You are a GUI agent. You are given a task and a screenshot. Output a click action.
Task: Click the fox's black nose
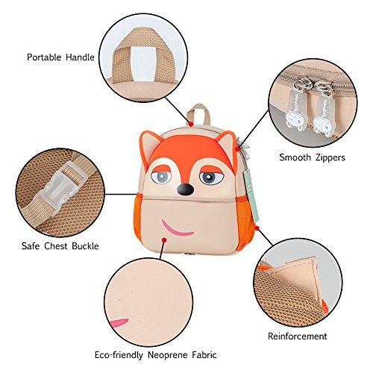[185, 190]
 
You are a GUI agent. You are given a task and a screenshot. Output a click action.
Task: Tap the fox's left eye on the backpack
[162, 177]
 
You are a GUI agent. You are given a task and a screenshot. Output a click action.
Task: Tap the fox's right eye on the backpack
[210, 178]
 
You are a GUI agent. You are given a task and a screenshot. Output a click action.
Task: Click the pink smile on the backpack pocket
[177, 228]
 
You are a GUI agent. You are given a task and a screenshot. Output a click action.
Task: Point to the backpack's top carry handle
[198, 113]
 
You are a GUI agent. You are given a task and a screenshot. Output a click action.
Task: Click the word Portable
[44, 57]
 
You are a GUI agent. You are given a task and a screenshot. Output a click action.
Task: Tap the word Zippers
[330, 157]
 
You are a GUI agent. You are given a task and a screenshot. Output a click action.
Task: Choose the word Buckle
[85, 246]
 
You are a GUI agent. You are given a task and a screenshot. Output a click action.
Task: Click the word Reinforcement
[297, 336]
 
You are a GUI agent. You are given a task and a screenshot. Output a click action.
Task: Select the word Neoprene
[167, 355]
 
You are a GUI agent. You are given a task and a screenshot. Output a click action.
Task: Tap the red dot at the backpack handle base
[191, 124]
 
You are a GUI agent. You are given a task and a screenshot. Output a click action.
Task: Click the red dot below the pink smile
[164, 240]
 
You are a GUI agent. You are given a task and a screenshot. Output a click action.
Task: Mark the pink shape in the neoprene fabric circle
[119, 323]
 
